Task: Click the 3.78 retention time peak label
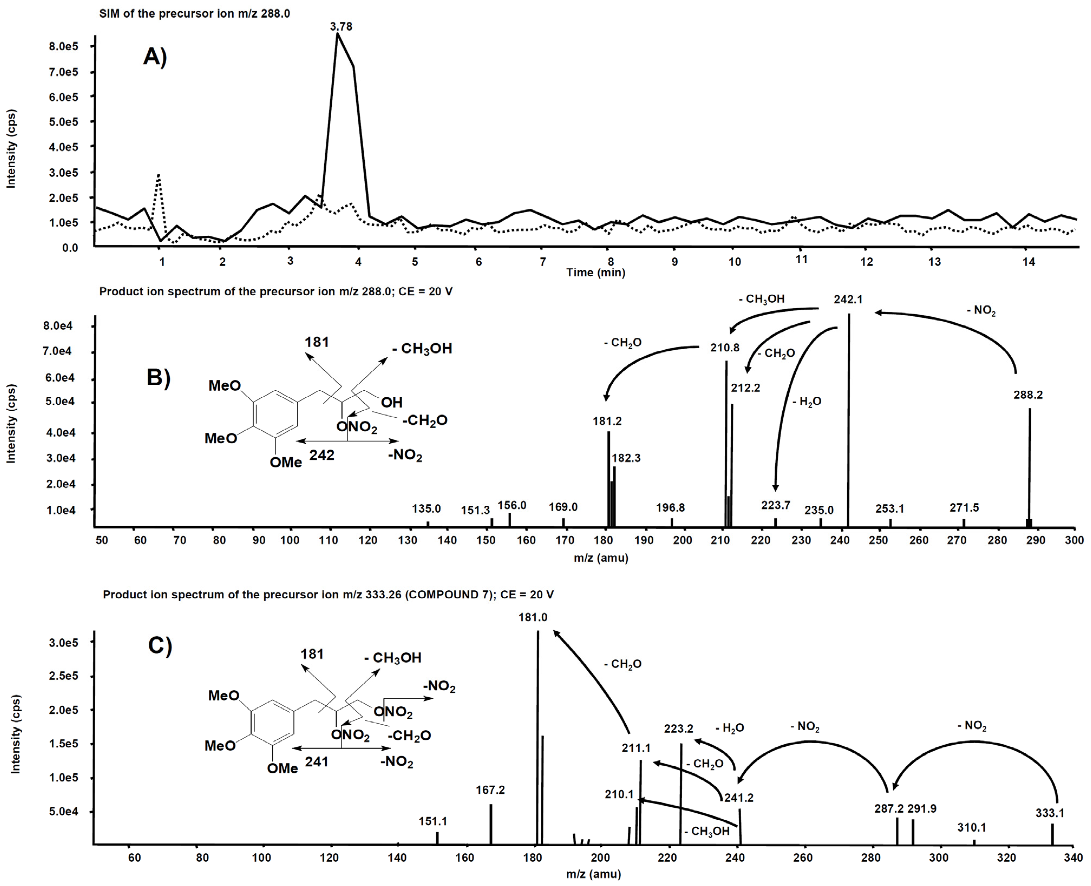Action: (x=341, y=27)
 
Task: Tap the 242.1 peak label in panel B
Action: (x=848, y=300)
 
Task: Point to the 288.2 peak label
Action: (x=1028, y=395)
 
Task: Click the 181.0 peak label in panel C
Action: (x=533, y=617)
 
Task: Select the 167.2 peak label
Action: (x=490, y=790)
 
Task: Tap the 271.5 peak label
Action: (x=964, y=507)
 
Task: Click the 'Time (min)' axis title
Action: (x=595, y=273)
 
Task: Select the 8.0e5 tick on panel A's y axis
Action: (x=63, y=47)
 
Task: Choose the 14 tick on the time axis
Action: (x=1028, y=262)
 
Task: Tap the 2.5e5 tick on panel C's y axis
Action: (x=63, y=676)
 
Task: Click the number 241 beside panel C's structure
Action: (x=316, y=762)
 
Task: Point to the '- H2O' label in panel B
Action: (x=807, y=402)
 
